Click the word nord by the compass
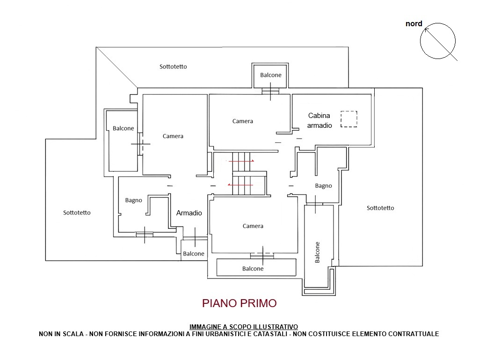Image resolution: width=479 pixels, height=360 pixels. pyautogui.click(x=414, y=23)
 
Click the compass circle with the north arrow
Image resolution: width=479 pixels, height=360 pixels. pyautogui.click(x=421, y=41)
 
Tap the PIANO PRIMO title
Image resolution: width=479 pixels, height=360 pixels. pyautogui.click(x=239, y=303)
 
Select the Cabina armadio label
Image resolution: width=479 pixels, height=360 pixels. pyautogui.click(x=319, y=120)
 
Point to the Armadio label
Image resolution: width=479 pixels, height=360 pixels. pyautogui.click(x=189, y=213)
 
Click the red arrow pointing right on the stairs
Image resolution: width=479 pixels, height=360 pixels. pyautogui.click(x=241, y=161)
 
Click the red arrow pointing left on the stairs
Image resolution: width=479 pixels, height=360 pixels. pyautogui.click(x=240, y=185)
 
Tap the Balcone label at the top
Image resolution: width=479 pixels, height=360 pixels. pyautogui.click(x=271, y=75)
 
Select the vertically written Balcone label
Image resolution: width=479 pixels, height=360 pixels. pyautogui.click(x=318, y=252)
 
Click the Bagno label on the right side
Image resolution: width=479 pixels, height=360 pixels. pyautogui.click(x=324, y=186)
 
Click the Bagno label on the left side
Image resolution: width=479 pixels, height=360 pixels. pyautogui.click(x=133, y=200)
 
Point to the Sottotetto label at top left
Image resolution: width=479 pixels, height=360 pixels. pyautogui.click(x=173, y=66)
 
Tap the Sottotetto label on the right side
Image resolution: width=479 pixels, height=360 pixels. pyautogui.click(x=380, y=208)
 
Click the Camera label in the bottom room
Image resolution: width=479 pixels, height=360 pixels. pyautogui.click(x=253, y=226)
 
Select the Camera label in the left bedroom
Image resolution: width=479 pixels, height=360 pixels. pyautogui.click(x=173, y=136)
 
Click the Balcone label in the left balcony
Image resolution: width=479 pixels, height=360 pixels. pyautogui.click(x=123, y=128)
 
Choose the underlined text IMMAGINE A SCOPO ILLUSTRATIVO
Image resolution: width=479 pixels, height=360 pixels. pyautogui.click(x=243, y=327)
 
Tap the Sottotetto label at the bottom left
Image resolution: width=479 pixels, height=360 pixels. pyautogui.click(x=77, y=213)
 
